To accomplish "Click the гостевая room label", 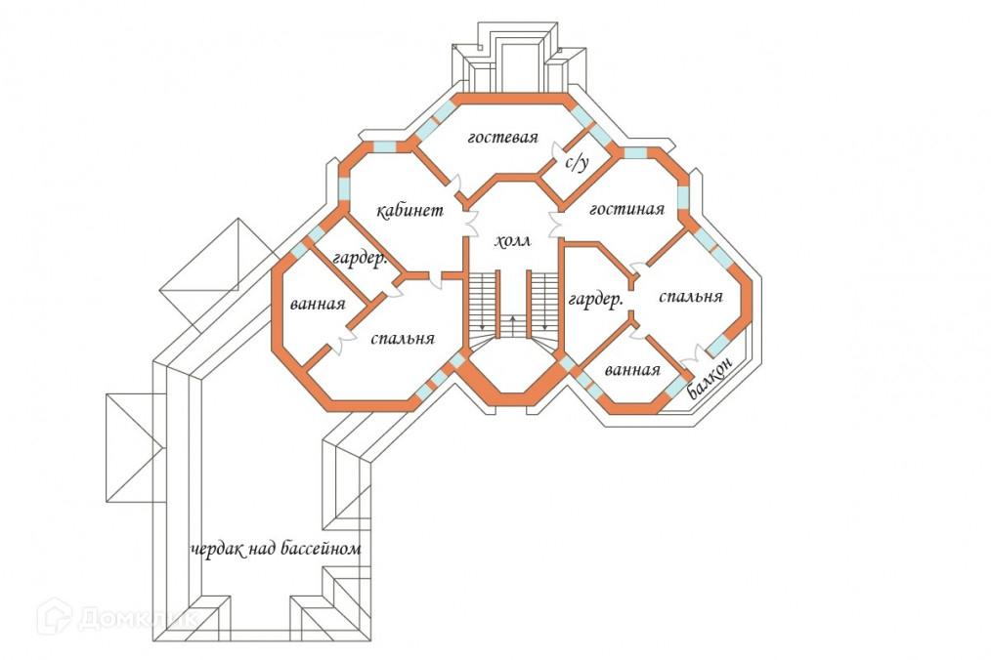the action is pyautogui.click(x=502, y=138).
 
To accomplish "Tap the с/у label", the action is pyautogui.click(x=578, y=161).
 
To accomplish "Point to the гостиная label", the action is pyautogui.click(x=627, y=209).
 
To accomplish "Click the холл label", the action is pyautogui.click(x=513, y=241).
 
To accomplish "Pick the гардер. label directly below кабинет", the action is pyautogui.click(x=361, y=260).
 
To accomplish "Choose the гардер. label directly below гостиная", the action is pyautogui.click(x=596, y=300).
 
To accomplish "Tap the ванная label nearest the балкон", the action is pyautogui.click(x=632, y=371).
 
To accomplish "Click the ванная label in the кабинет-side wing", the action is pyautogui.click(x=318, y=304).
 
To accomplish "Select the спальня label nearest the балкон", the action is pyautogui.click(x=691, y=297).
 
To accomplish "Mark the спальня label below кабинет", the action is pyautogui.click(x=403, y=339).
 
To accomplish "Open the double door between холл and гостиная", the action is pyautogui.click(x=557, y=224).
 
